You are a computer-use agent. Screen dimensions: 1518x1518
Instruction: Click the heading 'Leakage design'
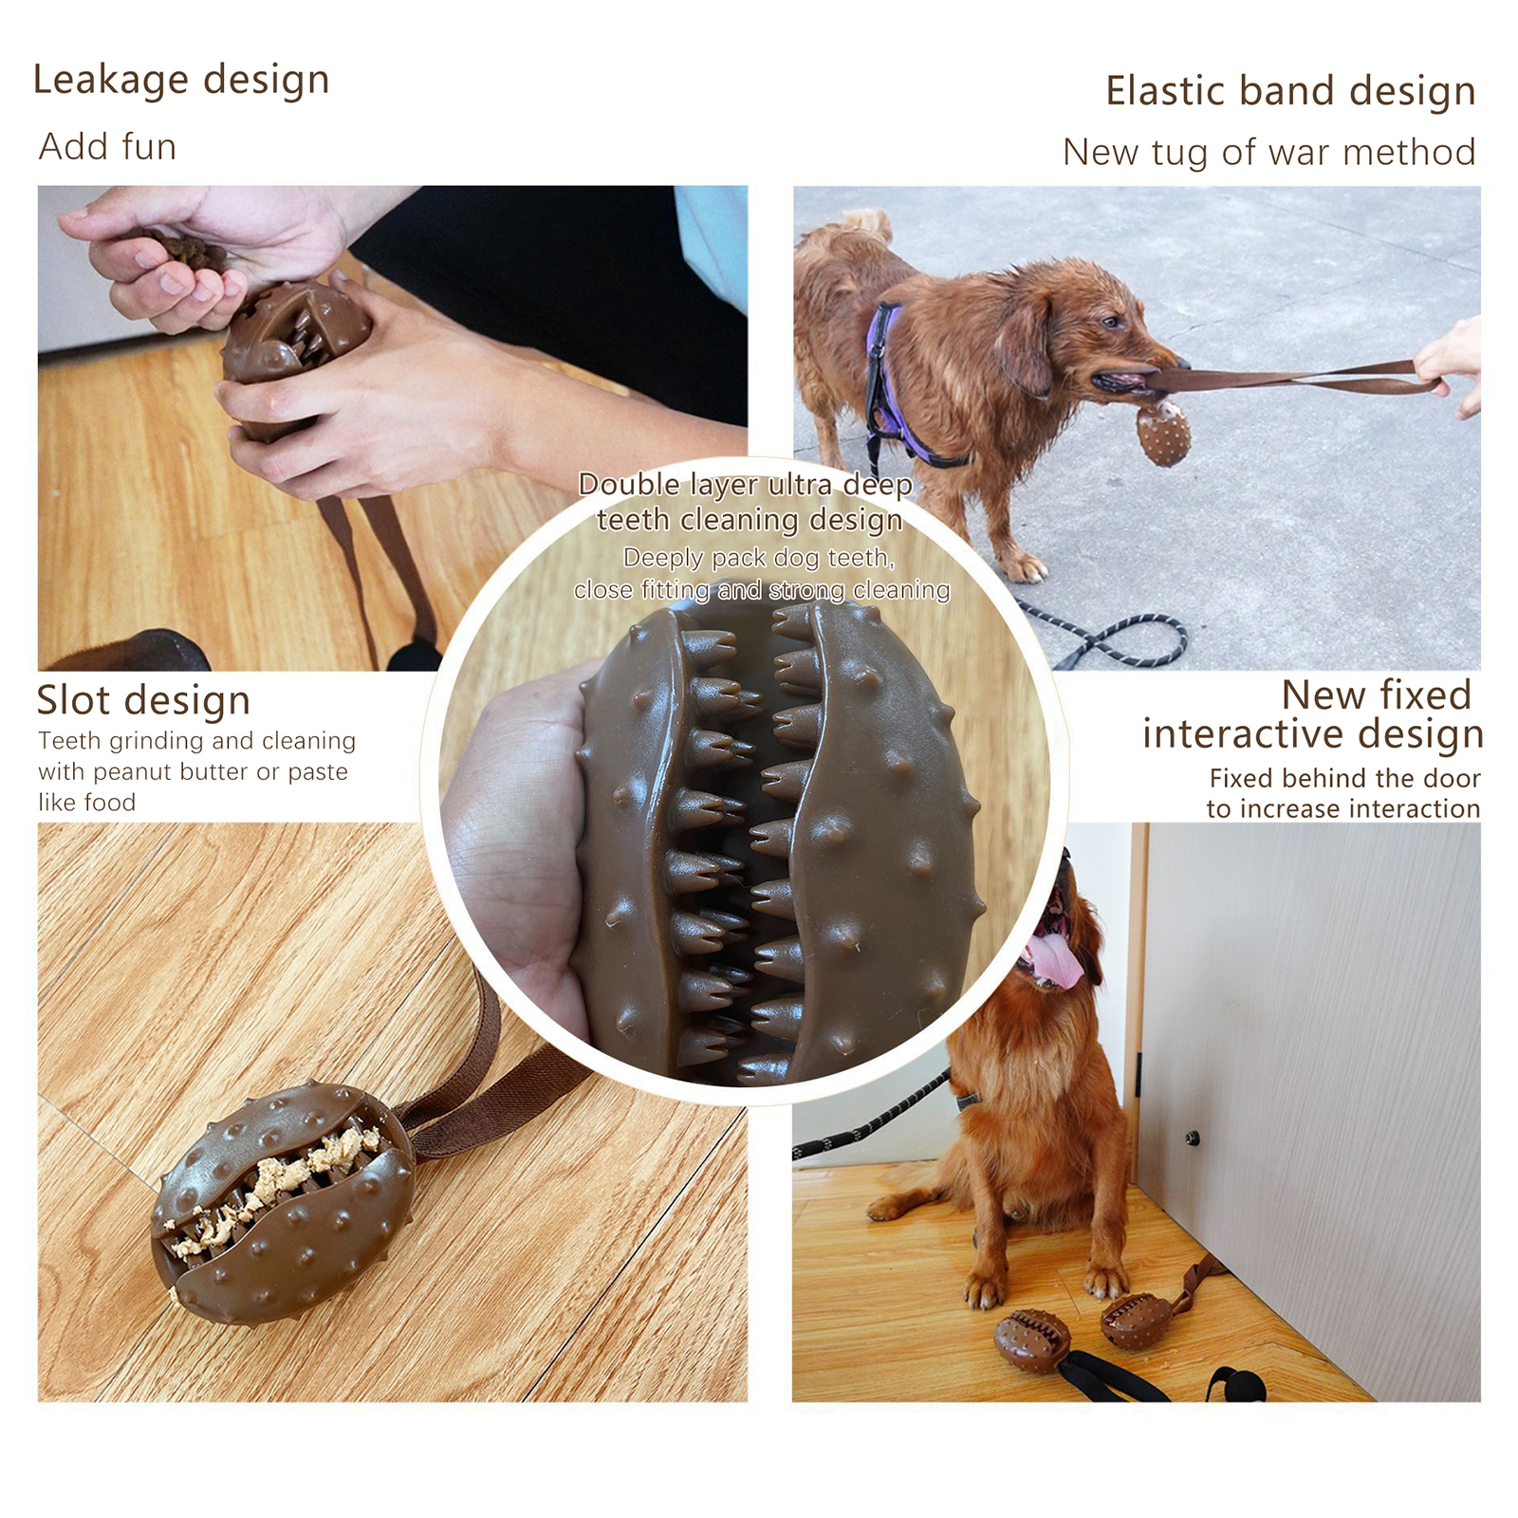pos(181,81)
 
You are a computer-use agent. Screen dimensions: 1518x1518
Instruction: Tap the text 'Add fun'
pos(107,147)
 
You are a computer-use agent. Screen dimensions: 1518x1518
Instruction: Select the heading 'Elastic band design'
pos(1290,92)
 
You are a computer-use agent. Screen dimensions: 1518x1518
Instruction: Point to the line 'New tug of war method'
pos(1268,152)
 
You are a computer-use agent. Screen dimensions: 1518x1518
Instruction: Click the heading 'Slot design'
pos(143,700)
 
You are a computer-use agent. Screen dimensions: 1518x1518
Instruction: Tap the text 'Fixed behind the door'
pos(1344,778)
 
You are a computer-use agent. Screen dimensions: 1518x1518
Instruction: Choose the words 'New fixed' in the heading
pos(1376,694)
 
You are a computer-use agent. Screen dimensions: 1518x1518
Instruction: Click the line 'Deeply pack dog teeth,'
pos(759,558)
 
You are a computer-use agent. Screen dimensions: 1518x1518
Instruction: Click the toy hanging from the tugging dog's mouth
pos(1163,432)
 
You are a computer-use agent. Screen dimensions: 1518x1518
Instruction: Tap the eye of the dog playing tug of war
pos(1110,323)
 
